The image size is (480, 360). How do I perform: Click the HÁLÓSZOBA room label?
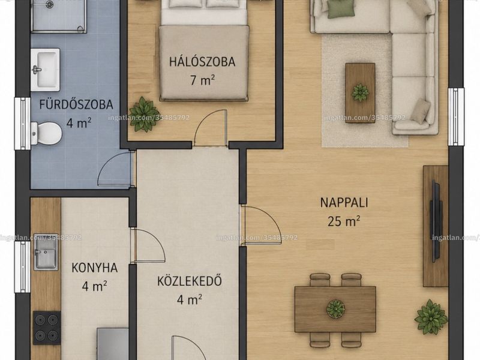click(x=202, y=62)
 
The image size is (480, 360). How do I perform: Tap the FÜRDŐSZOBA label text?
click(x=76, y=104)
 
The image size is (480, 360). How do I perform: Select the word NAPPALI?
click(x=344, y=203)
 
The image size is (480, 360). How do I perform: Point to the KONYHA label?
click(x=95, y=268)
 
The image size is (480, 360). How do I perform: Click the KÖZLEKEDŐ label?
click(x=190, y=281)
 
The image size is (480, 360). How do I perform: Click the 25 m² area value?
click(x=343, y=221)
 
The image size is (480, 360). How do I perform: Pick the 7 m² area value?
click(x=202, y=80)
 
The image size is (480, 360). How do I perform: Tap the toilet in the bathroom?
click(x=46, y=134)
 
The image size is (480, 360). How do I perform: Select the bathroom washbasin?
click(x=46, y=70)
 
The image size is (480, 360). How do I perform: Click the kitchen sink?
click(x=46, y=253)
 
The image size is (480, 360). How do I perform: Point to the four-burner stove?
click(x=47, y=328)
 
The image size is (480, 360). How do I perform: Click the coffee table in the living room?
click(x=361, y=93)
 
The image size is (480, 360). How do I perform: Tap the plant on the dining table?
click(x=335, y=308)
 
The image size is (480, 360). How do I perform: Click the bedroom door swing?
click(x=211, y=127)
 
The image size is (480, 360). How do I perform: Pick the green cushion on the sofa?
click(x=341, y=8)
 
